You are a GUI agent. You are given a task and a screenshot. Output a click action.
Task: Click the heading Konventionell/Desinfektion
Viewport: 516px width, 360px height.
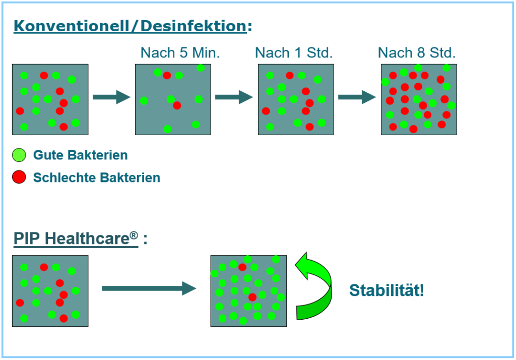tap(130, 26)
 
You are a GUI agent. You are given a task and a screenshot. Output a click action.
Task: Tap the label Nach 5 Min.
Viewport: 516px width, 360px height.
tap(180, 53)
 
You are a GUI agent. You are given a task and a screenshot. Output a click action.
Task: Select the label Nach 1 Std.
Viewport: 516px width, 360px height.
tap(294, 53)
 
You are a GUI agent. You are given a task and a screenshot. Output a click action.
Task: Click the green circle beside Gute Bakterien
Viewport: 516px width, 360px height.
tap(19, 155)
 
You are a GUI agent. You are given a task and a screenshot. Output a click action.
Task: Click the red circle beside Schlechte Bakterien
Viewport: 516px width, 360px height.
tap(19, 177)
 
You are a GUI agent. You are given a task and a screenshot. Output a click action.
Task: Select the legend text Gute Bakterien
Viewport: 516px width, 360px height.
tap(80, 155)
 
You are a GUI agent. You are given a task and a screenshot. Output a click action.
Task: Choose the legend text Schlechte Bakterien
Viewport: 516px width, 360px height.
tap(96, 177)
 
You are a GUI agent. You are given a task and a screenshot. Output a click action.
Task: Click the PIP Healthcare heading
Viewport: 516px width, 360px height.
tap(76, 238)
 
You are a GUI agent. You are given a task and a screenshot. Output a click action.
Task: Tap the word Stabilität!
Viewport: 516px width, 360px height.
tap(386, 290)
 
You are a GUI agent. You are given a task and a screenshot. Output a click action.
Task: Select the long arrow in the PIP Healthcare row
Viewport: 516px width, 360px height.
tap(148, 288)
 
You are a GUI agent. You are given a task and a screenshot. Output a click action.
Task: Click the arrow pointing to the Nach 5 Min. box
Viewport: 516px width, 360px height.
tap(111, 97)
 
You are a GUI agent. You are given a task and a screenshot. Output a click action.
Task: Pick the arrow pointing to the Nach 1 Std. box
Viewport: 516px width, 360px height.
tap(234, 97)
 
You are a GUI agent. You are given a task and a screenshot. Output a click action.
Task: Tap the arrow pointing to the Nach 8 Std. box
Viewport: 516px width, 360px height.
tap(357, 97)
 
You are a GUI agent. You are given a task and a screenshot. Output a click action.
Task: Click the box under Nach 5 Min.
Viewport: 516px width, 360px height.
tap(173, 99)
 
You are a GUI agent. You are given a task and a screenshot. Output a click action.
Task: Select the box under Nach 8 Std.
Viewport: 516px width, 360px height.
tap(419, 99)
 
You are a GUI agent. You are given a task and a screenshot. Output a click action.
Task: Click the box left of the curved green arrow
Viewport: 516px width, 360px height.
tap(248, 291)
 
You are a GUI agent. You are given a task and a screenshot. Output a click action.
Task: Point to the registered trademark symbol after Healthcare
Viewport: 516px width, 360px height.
tap(134, 235)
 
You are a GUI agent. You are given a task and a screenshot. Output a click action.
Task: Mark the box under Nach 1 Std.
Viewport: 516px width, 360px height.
tap(296, 99)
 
